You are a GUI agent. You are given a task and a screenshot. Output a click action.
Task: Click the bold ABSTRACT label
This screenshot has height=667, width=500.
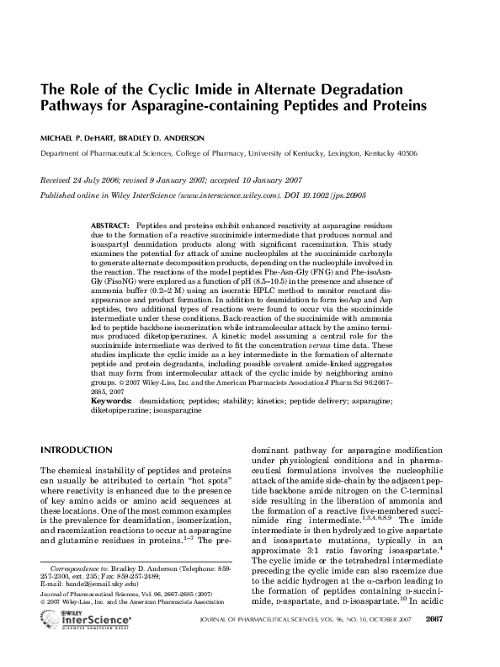point(109,227)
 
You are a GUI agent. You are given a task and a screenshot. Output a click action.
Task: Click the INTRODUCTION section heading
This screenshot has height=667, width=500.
point(77,451)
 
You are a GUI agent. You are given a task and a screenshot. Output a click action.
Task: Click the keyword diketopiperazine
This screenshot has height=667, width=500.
point(120,411)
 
